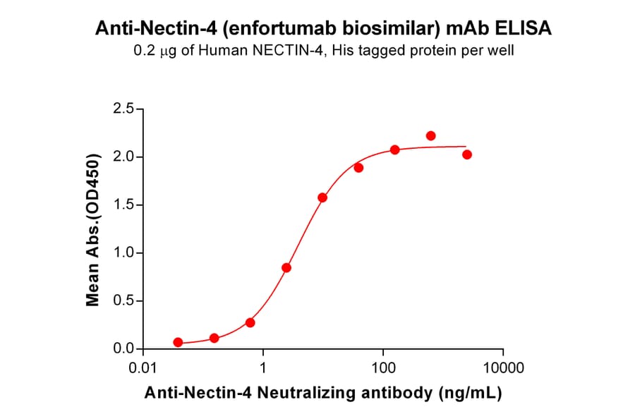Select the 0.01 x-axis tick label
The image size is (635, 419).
tap(143, 368)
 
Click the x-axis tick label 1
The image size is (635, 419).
tap(263, 368)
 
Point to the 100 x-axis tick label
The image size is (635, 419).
tap(383, 368)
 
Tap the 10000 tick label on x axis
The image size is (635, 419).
tap(503, 368)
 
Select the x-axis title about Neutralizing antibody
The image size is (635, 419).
tap(322, 394)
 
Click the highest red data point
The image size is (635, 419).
tap(431, 135)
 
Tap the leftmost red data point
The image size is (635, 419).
tap(178, 342)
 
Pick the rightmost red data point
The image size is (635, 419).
tap(467, 154)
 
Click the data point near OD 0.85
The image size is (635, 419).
tap(286, 267)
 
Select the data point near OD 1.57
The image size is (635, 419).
tap(322, 198)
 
